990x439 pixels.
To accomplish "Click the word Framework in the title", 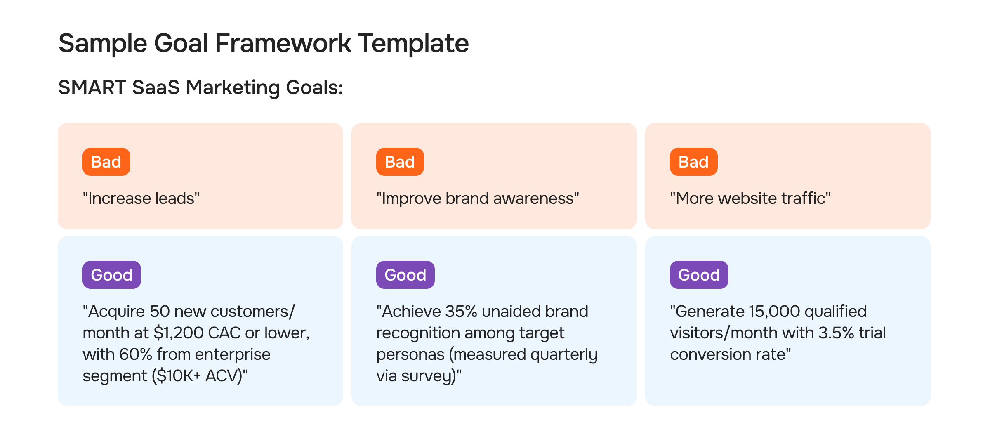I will point(283,43).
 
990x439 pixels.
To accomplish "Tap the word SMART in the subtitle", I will point(92,87).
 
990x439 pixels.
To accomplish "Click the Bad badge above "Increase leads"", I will point(106,162).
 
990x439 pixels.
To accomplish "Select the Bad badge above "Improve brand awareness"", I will point(400,162).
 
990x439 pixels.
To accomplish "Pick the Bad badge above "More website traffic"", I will point(693,162).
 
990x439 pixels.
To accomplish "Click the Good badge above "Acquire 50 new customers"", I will point(111,275).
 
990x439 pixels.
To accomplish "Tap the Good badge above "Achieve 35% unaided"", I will point(405,275).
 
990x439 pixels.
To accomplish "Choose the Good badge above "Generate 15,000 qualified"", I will point(699,275).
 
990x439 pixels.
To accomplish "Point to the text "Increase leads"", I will point(141,198).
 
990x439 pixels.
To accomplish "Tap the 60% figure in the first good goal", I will point(135,354).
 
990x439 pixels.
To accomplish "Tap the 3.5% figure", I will point(836,333).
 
